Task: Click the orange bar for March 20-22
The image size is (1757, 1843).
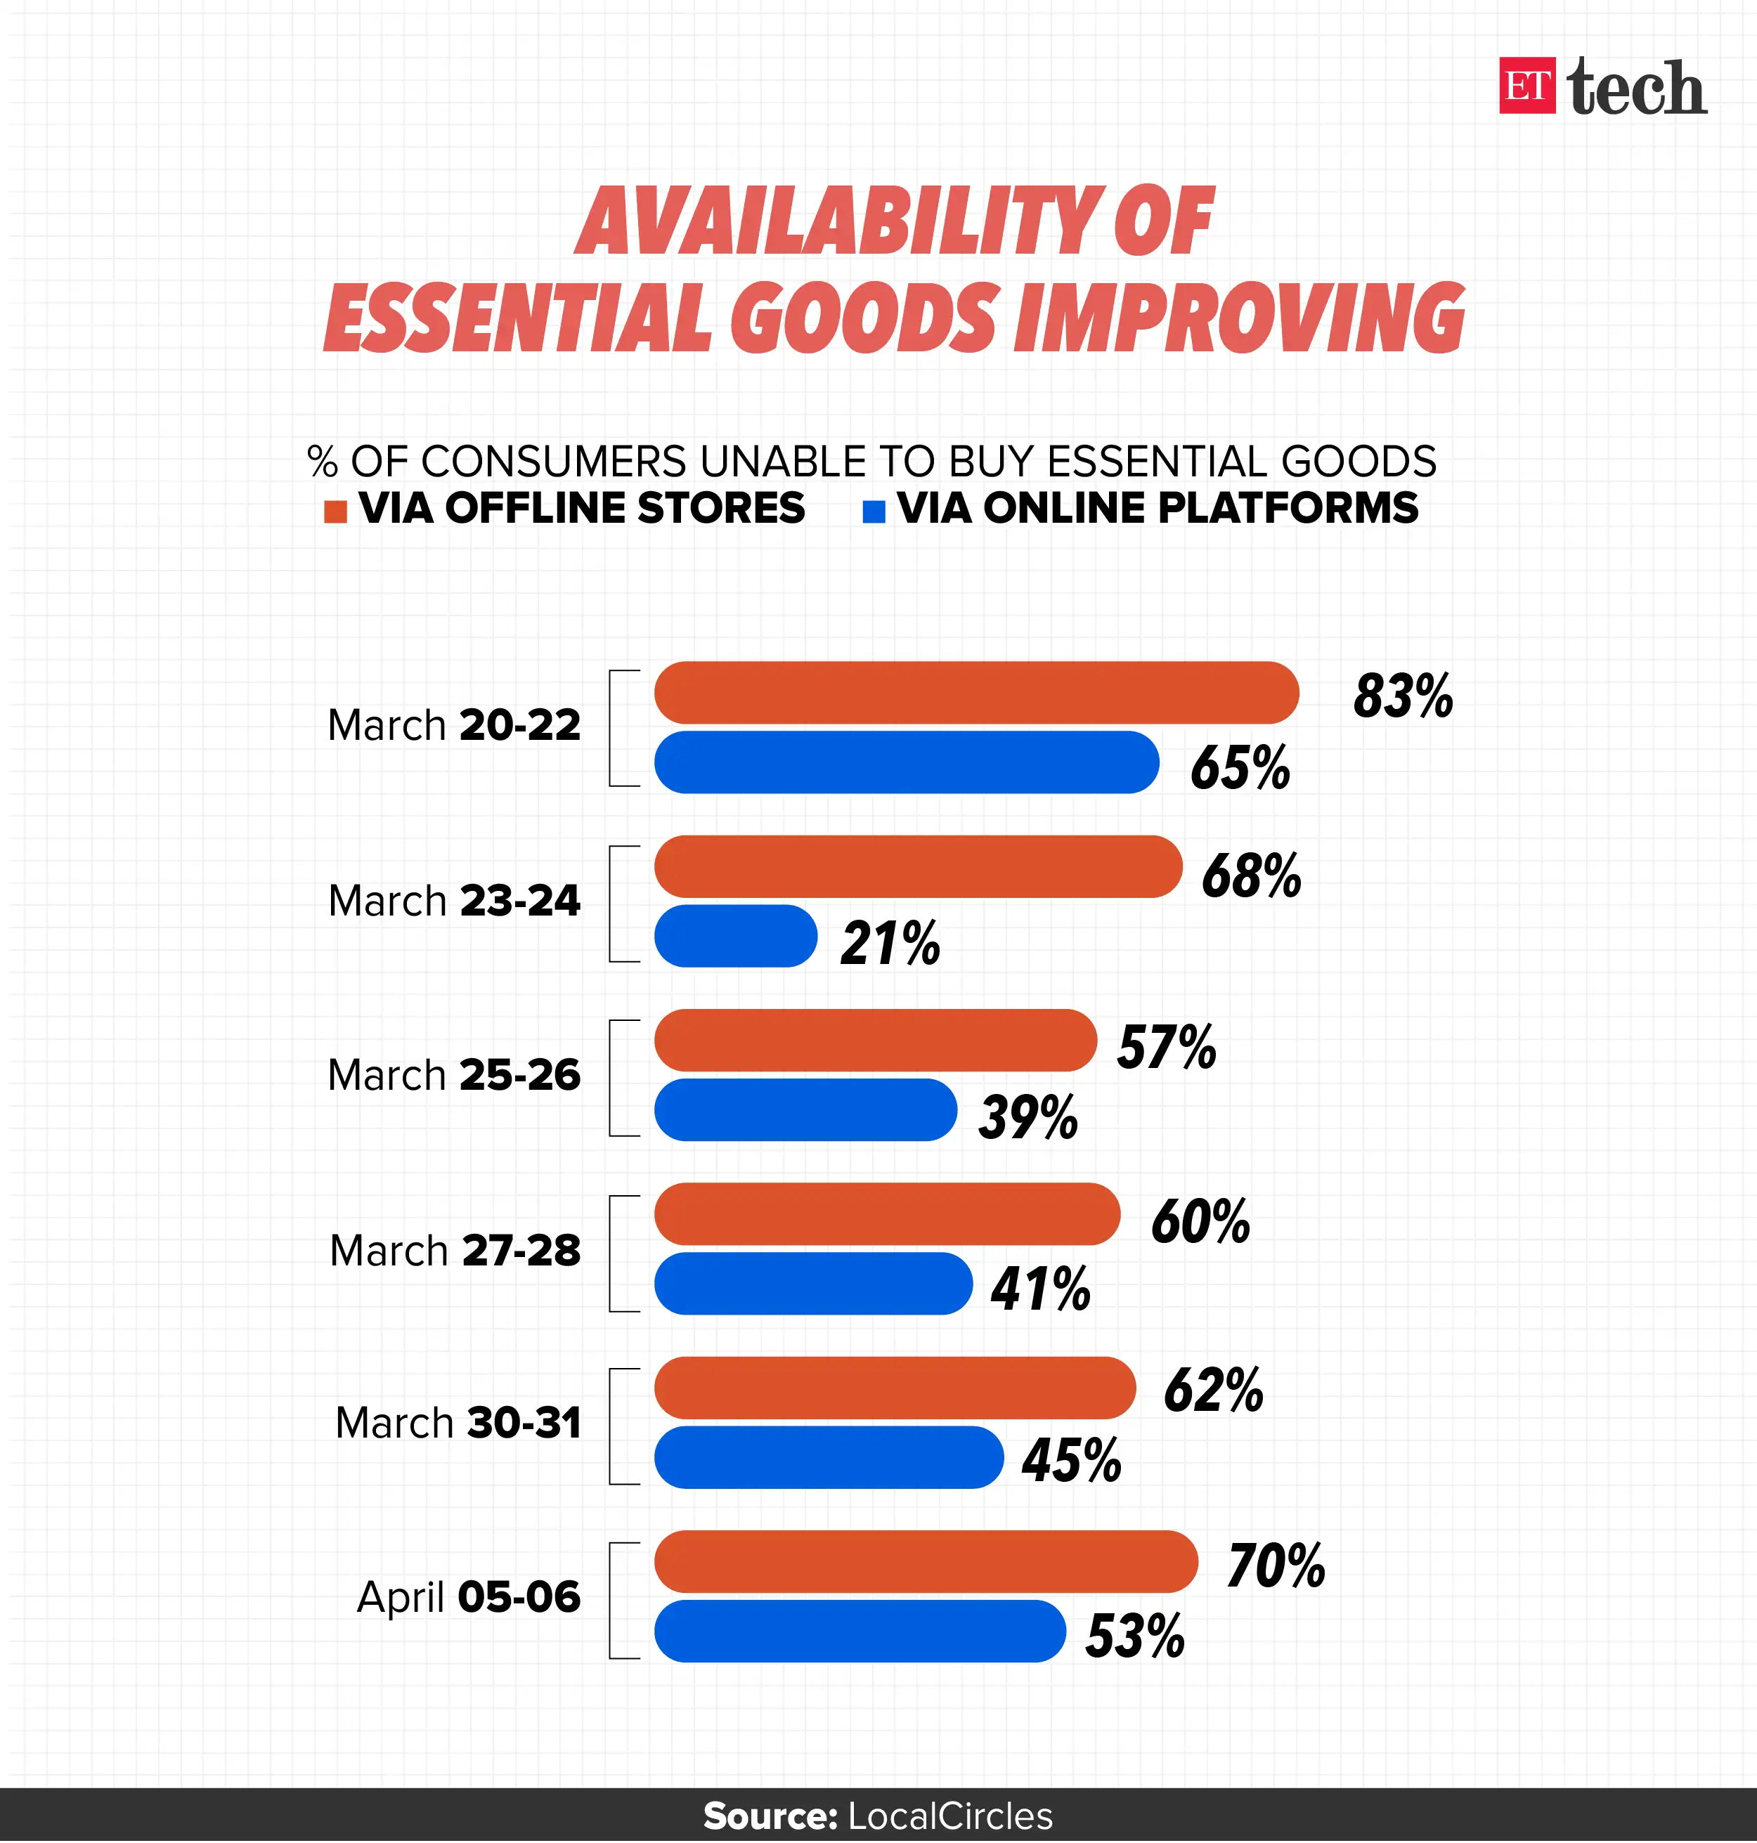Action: tap(976, 692)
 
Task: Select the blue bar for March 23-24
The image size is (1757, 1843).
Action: tap(735, 935)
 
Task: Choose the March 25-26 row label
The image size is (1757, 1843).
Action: tap(454, 1075)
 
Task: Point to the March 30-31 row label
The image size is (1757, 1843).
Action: tap(458, 1423)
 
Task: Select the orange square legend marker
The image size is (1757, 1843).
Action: tap(335, 512)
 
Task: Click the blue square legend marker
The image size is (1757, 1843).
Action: tap(873, 512)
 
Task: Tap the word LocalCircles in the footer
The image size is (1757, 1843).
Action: tap(949, 1816)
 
